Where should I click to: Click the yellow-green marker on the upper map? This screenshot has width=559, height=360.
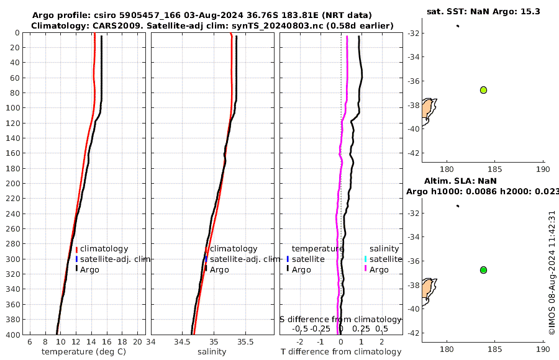483,90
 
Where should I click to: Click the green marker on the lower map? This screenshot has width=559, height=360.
483,270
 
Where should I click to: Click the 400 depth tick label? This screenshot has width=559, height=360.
12,335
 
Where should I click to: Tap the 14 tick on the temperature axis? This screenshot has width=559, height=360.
91,342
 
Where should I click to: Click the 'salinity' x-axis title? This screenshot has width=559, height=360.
212,352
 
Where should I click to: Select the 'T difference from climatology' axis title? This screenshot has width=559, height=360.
341,352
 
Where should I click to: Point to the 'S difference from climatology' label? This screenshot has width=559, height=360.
340,319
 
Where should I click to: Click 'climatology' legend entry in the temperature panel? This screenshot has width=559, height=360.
104,249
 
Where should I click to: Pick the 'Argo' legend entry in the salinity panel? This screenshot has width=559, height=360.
219,269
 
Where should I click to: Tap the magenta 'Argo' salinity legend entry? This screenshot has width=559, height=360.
379,269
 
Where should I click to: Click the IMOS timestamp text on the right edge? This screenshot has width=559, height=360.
552,272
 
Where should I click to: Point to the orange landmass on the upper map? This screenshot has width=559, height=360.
427,110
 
